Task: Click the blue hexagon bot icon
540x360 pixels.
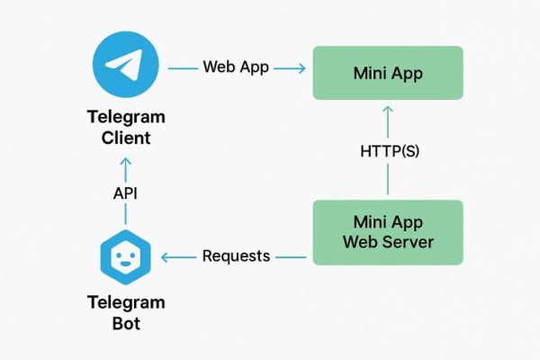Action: pyautogui.click(x=124, y=256)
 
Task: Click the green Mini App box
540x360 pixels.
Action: pyautogui.click(x=387, y=73)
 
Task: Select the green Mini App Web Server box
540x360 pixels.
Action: pyautogui.click(x=387, y=232)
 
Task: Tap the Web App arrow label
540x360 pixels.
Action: pyautogui.click(x=236, y=67)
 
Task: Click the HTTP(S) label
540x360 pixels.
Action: pyautogui.click(x=389, y=151)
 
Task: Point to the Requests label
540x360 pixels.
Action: pyautogui.click(x=236, y=256)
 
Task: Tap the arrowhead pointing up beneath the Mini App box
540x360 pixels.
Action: pyautogui.click(x=388, y=110)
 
